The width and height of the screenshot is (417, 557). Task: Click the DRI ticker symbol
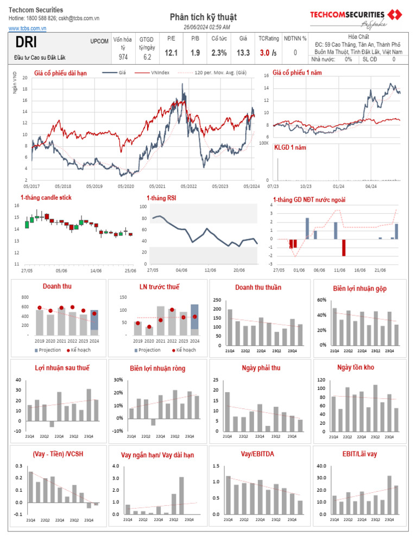(x=27, y=43)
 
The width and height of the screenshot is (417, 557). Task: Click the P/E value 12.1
(x=172, y=53)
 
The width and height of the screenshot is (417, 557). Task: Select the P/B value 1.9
(x=195, y=53)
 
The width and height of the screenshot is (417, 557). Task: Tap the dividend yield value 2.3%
(x=219, y=53)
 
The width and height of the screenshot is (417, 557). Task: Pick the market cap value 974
(x=123, y=57)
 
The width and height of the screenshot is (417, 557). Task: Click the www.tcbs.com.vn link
(x=27, y=27)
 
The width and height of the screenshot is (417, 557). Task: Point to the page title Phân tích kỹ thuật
(x=204, y=17)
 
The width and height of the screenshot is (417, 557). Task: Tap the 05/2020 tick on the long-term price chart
(x=125, y=185)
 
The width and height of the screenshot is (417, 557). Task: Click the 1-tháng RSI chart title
(x=161, y=198)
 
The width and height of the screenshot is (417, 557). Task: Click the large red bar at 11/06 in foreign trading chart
(x=343, y=247)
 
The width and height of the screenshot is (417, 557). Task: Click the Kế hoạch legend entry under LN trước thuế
(x=185, y=350)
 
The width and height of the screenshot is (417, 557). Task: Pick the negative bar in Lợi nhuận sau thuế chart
(x=52, y=424)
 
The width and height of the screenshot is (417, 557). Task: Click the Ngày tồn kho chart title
(x=360, y=368)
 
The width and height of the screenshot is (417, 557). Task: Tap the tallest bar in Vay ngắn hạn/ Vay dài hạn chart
(x=181, y=495)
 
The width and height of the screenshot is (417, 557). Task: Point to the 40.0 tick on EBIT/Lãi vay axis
(x=321, y=466)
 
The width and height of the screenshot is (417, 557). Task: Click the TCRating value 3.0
(x=264, y=53)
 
